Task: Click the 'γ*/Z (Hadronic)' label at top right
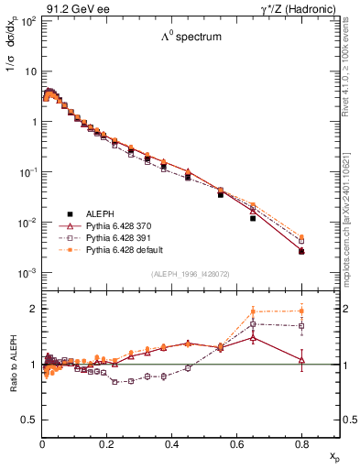coord(308,7)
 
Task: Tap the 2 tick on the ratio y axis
coord(34,309)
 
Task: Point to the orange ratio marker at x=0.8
coord(301,311)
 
